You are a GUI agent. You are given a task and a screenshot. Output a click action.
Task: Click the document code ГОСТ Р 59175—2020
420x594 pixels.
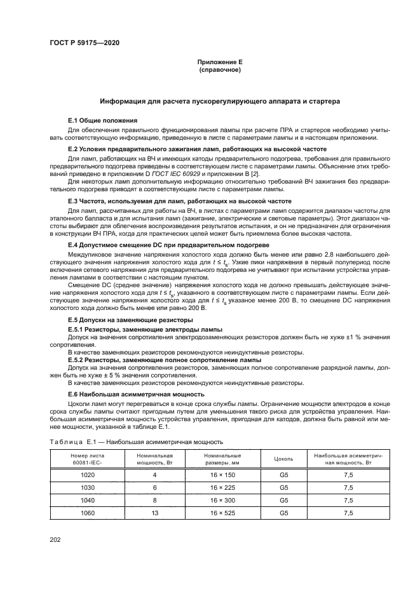(85, 43)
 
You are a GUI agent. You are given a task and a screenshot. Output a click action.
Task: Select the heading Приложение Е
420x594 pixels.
(220, 62)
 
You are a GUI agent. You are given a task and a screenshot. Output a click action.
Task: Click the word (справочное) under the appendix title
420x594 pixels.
(220, 70)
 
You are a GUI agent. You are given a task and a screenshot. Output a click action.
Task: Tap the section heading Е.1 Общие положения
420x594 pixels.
(103, 120)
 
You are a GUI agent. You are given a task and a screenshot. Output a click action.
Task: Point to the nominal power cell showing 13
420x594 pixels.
(154, 512)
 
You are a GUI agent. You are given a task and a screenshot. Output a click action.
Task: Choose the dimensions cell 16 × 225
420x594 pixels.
(222, 487)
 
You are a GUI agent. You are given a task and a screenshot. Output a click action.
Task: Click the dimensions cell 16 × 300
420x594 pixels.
(222, 499)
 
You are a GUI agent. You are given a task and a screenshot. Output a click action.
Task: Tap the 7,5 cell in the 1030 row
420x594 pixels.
(348, 487)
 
